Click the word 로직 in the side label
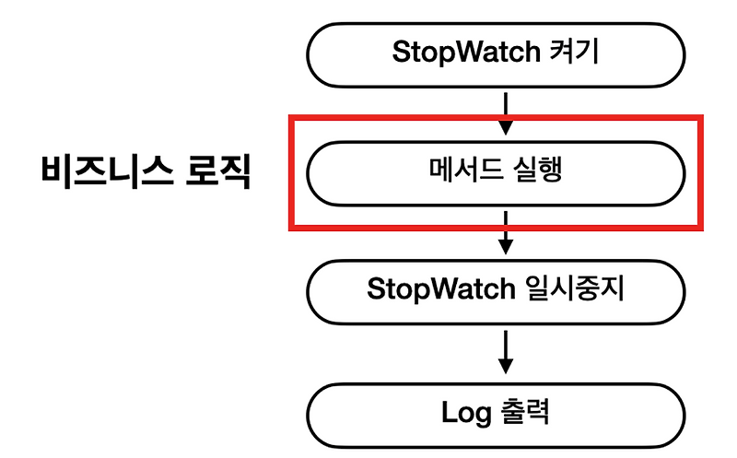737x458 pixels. click(x=218, y=172)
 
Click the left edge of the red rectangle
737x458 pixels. click(x=292, y=172)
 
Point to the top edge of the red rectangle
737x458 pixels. click(x=497, y=118)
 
